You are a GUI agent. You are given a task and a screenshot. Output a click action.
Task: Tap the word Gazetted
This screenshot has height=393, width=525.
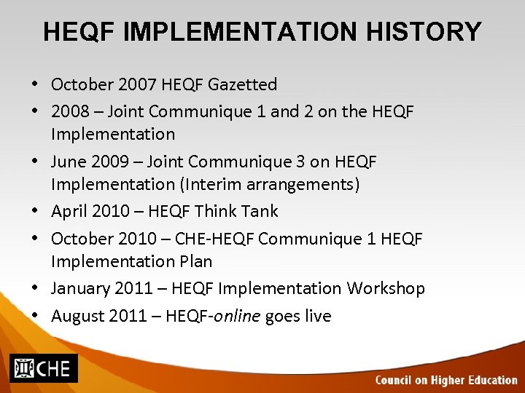click(x=242, y=84)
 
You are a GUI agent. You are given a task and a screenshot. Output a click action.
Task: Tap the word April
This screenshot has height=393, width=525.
click(x=70, y=211)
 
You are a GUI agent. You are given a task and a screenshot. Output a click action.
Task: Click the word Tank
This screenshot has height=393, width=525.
click(x=261, y=211)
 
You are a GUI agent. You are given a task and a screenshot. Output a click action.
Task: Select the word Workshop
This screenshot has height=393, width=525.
click(x=386, y=288)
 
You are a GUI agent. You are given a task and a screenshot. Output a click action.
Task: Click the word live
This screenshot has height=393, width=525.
click(x=316, y=316)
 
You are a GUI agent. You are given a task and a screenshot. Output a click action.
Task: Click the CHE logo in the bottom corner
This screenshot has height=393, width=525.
click(x=42, y=368)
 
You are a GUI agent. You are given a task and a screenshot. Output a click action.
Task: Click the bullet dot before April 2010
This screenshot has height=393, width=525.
click(x=36, y=211)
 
